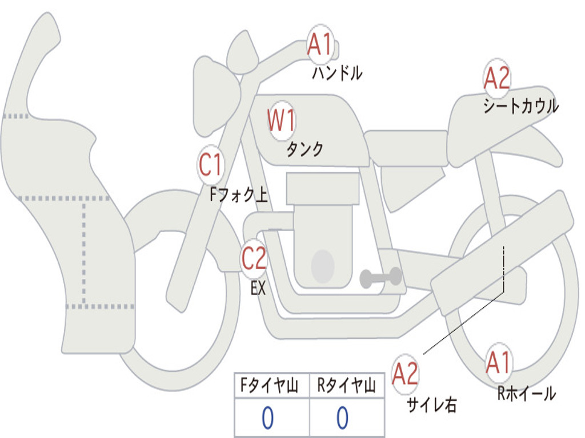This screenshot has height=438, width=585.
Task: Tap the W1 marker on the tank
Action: [x=282, y=121]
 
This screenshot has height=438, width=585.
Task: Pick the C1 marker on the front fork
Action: [x=210, y=165]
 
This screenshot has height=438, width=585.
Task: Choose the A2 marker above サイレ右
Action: [x=406, y=374]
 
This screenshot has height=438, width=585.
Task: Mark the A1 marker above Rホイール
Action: [x=499, y=362]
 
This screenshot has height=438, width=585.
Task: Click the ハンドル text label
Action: [x=337, y=73]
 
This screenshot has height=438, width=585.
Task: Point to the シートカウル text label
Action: [x=520, y=107]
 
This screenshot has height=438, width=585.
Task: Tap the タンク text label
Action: [x=304, y=149]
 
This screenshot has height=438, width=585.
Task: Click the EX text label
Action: [x=258, y=289]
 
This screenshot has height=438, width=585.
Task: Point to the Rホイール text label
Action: [x=526, y=393]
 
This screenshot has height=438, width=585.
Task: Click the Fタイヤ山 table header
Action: [x=270, y=387]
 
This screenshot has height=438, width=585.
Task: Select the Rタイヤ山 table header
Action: [x=346, y=387]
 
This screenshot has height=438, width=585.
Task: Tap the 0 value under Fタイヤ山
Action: [x=267, y=418]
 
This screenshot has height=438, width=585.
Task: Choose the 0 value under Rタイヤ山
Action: [x=342, y=418]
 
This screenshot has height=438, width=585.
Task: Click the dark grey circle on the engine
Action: [x=322, y=266]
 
